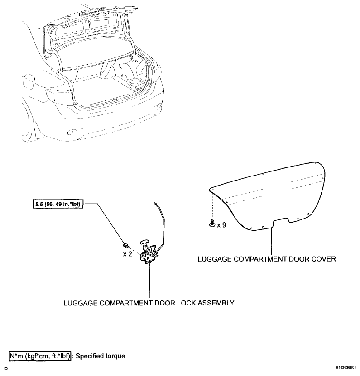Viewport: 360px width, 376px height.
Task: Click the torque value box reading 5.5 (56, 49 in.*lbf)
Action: point(58,204)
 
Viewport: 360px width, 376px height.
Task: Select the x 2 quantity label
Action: point(127,254)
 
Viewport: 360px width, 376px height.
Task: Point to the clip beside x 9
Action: point(212,223)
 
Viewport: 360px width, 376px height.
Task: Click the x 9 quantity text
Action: point(221,225)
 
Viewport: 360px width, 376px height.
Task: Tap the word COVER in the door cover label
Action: point(323,259)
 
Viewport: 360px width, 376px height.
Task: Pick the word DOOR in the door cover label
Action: point(300,259)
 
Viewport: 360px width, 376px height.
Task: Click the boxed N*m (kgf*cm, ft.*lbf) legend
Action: point(40,356)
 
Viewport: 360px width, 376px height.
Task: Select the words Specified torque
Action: point(101,356)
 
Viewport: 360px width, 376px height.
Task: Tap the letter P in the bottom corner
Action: point(6,370)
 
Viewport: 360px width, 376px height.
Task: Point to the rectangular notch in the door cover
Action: point(281,221)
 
